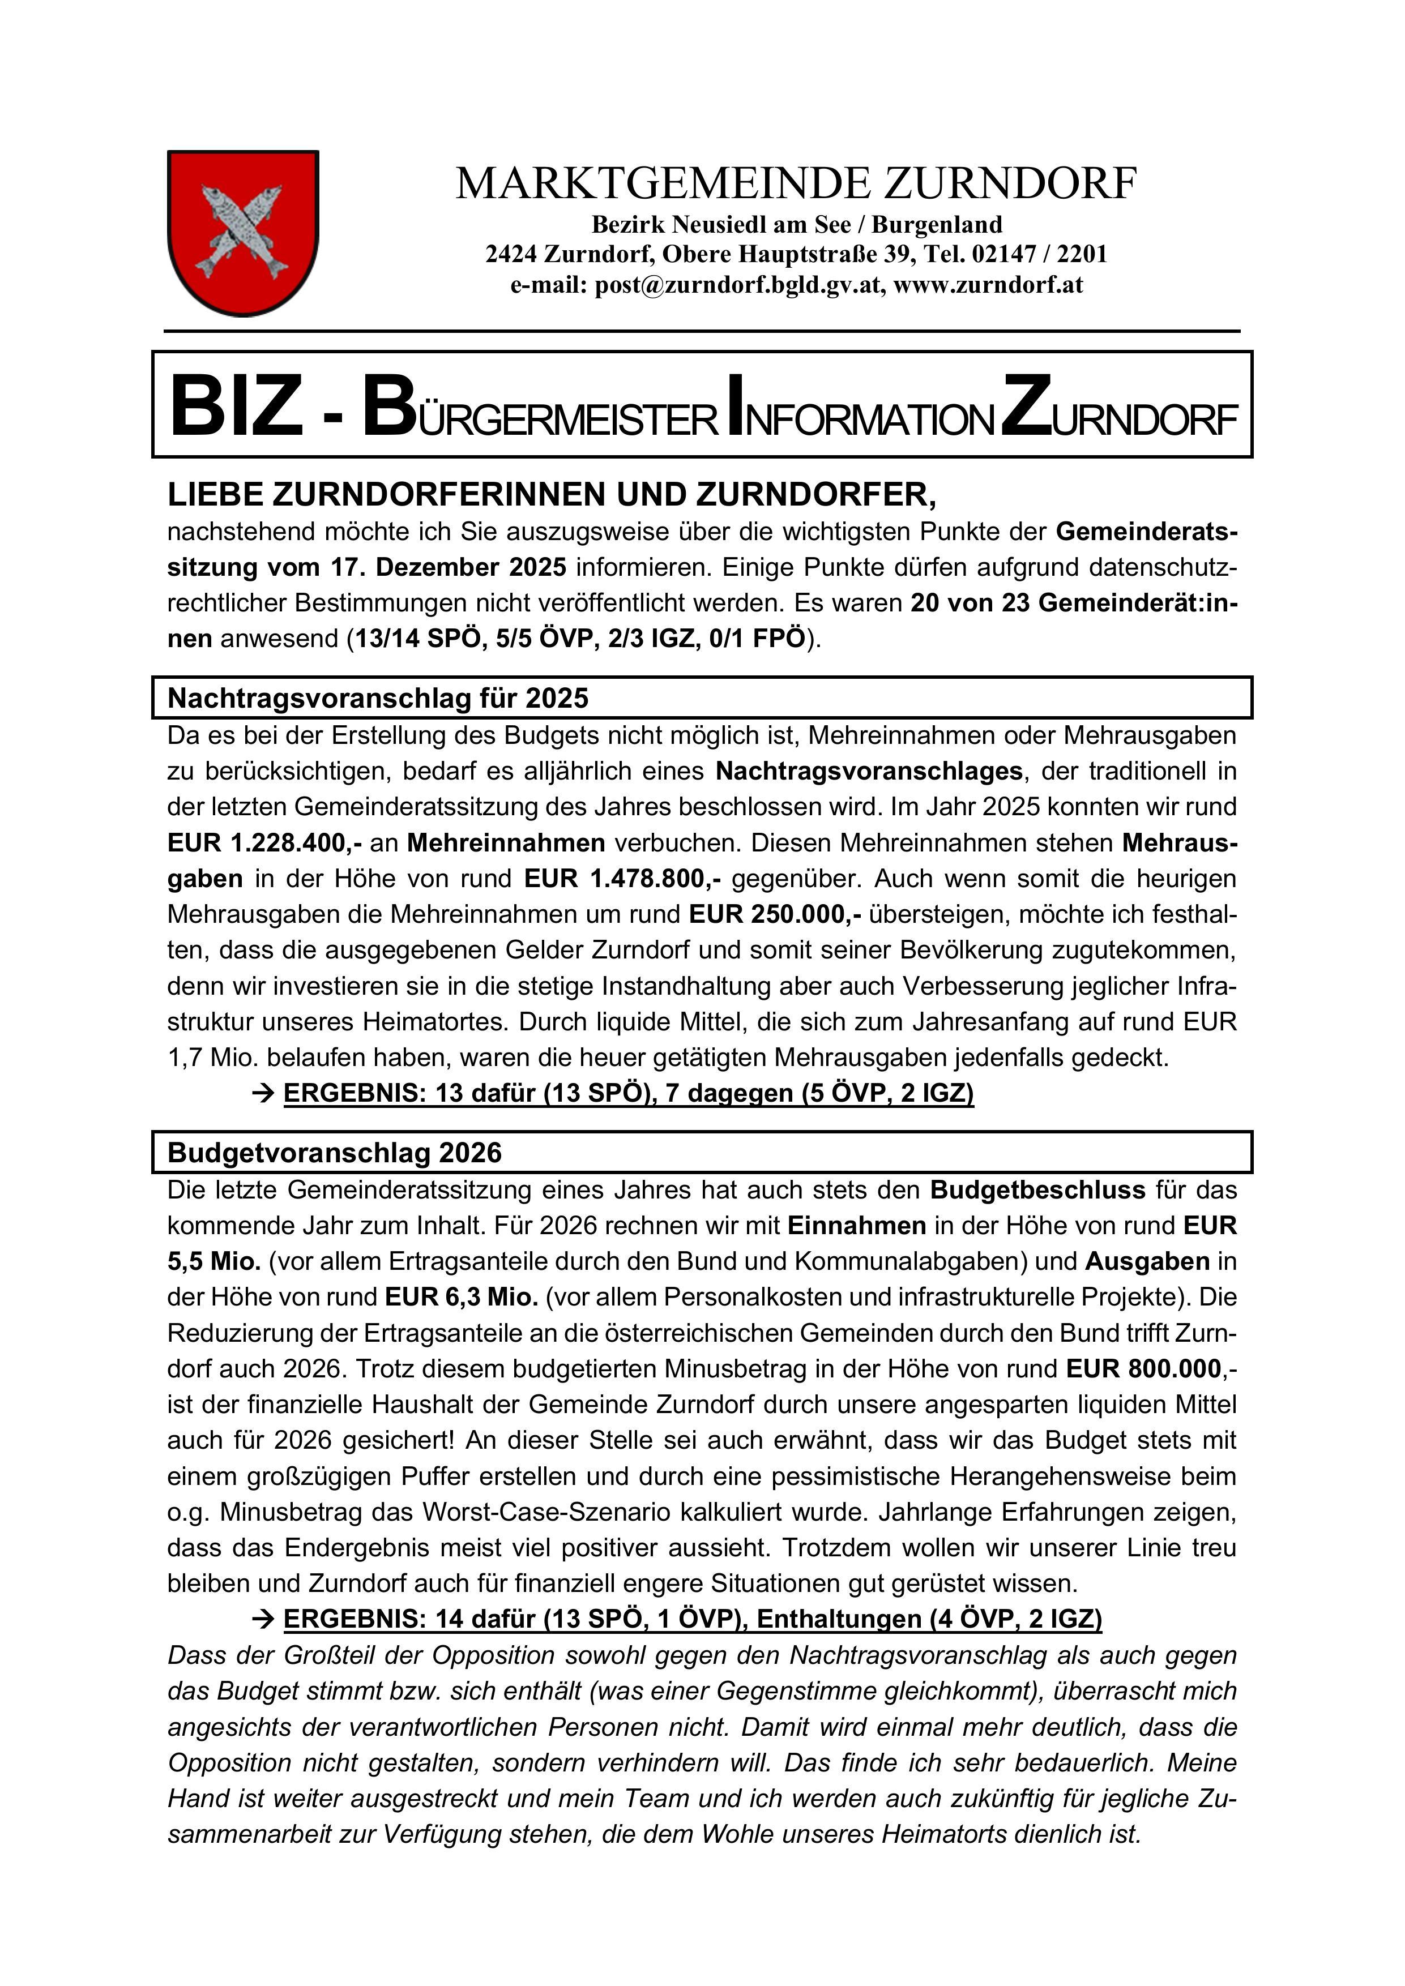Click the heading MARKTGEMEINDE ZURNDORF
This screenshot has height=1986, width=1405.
click(x=796, y=183)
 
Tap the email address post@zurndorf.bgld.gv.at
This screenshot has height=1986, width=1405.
click(x=740, y=285)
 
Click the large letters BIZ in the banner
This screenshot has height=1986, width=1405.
click(x=236, y=406)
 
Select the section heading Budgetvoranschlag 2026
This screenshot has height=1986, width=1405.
click(x=334, y=1152)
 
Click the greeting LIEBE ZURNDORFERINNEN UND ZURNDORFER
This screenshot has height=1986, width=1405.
click(x=552, y=495)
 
